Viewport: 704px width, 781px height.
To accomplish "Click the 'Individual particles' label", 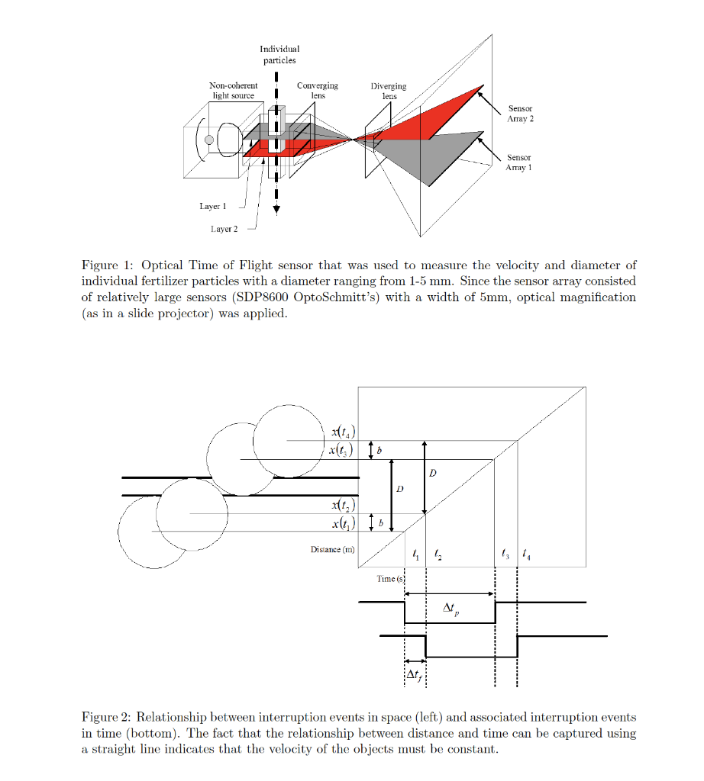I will pos(279,54).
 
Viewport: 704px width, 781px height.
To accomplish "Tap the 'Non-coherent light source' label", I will pos(233,91).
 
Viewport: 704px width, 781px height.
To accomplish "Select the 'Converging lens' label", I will pos(317,91).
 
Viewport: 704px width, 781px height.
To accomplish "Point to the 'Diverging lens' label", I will pos(389,92).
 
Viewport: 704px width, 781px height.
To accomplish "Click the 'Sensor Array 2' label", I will pos(520,114).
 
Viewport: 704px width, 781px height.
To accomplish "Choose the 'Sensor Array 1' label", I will pos(519,162).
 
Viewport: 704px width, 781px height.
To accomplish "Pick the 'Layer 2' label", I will pos(224,230).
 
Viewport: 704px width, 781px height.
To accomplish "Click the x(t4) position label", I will pos(341,432).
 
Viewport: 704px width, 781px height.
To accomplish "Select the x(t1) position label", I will pos(341,524).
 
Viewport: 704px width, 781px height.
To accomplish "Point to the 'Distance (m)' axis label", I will pos(332,550).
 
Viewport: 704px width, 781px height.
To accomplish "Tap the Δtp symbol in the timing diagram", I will pos(451,609).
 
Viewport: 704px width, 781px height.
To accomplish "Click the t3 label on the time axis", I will pos(503,554).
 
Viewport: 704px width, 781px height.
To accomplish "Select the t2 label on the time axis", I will pos(436,554).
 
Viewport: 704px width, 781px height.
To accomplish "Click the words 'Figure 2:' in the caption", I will pos(107,718).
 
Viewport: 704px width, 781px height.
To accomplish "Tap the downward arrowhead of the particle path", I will pos(276,211).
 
